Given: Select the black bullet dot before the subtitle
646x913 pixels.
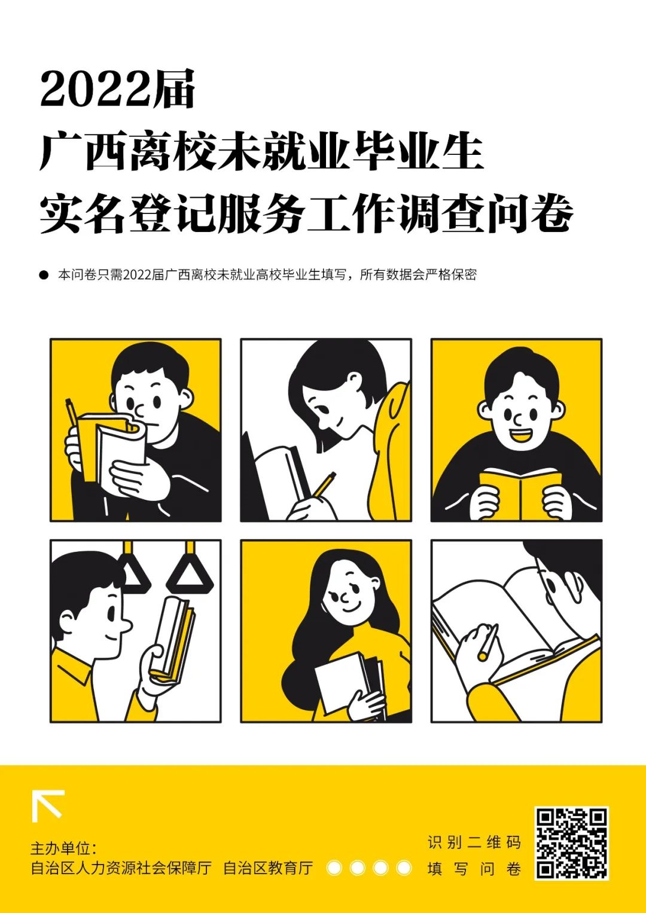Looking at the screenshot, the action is tap(44, 274).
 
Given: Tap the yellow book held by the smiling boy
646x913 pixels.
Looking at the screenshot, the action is tap(520, 494).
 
